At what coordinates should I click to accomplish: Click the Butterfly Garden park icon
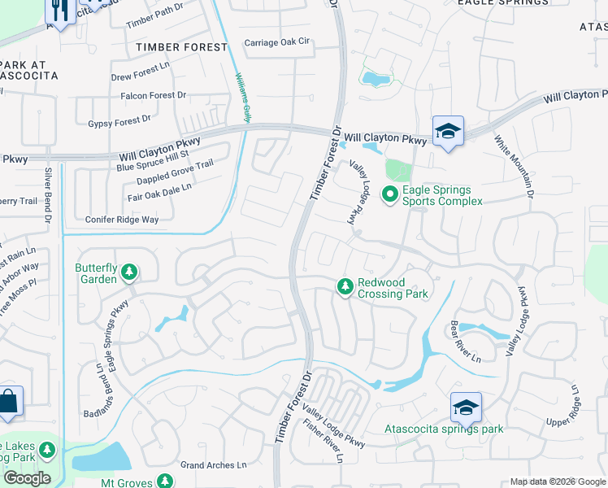tap(129, 272)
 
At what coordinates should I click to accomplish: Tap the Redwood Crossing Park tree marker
tap(345, 286)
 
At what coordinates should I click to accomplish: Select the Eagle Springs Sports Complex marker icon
tap(389, 194)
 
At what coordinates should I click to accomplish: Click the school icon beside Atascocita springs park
tap(466, 407)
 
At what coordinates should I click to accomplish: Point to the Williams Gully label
tap(242, 97)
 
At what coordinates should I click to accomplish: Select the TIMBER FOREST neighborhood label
tap(182, 47)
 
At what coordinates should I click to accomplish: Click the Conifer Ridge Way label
tap(122, 220)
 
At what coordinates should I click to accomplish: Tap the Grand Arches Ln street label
tap(213, 465)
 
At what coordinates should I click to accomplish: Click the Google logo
tap(27, 478)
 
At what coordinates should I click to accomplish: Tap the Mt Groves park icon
tap(164, 481)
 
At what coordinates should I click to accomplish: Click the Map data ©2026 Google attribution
tap(558, 481)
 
